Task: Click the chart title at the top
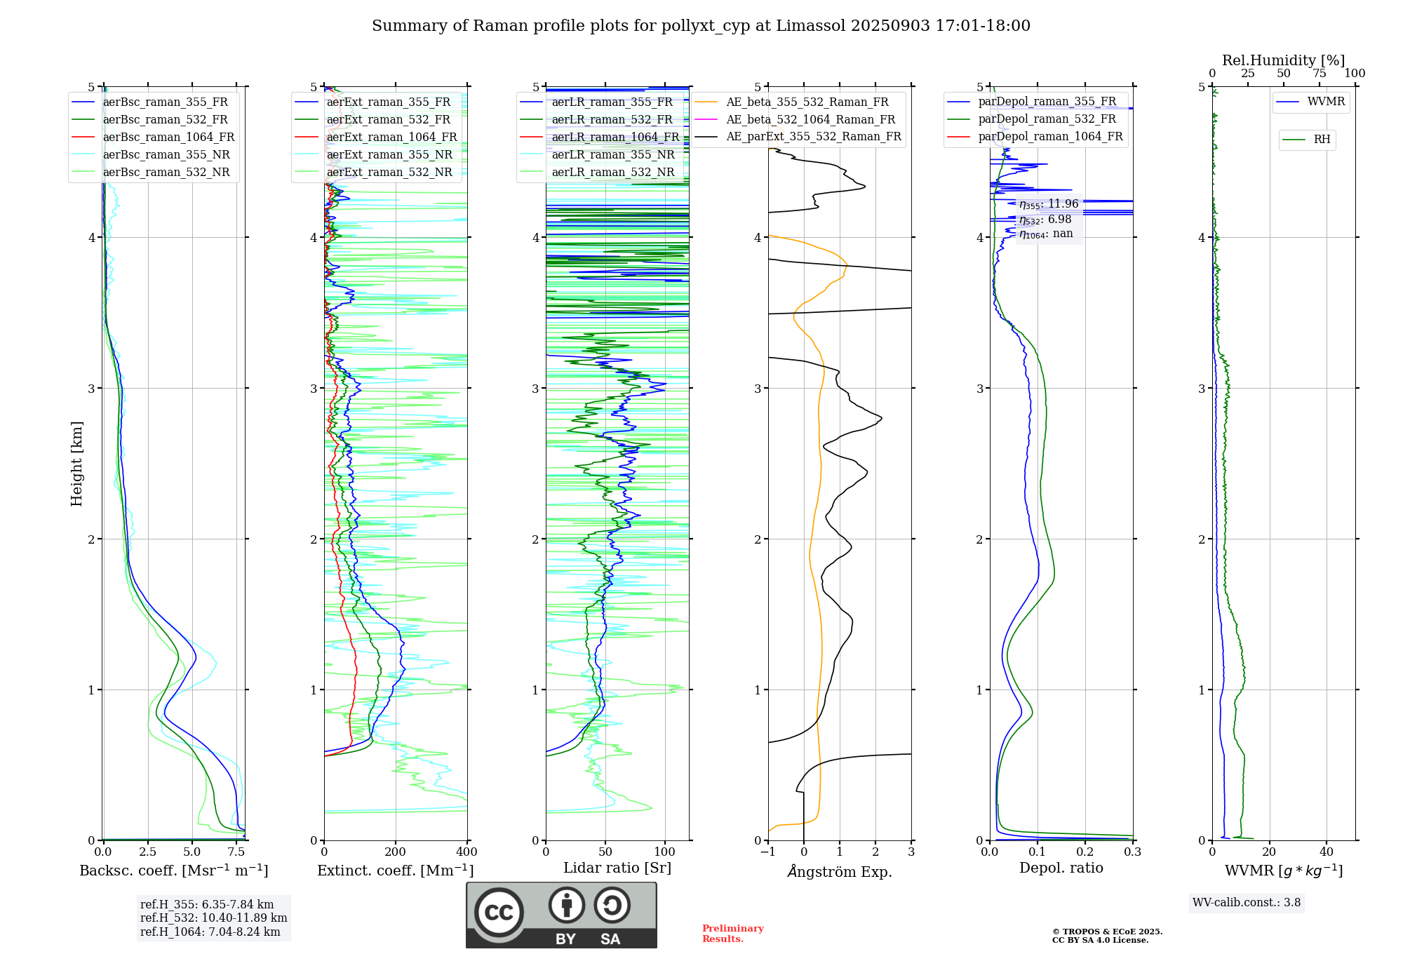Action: (x=701, y=26)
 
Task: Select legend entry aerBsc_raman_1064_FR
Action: (x=168, y=137)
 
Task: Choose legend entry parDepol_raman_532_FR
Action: (x=1047, y=119)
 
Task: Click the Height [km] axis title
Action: (x=76, y=464)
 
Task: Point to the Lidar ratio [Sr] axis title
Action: (x=617, y=868)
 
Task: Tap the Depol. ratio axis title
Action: (x=1061, y=868)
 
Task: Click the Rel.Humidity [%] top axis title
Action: (x=1284, y=60)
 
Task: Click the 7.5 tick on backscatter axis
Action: (x=236, y=852)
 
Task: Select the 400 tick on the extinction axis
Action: (x=466, y=852)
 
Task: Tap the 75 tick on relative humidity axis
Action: (x=1320, y=74)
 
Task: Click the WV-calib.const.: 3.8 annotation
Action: (x=1247, y=903)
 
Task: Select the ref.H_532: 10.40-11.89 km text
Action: (x=213, y=918)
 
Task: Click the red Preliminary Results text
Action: (x=732, y=934)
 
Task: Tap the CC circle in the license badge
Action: (x=499, y=913)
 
